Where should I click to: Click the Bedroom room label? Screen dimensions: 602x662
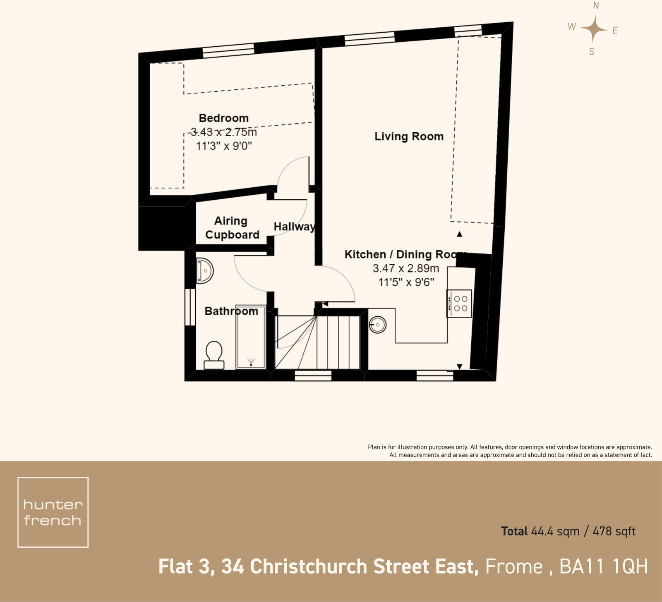(x=223, y=118)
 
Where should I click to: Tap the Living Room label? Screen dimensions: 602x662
(x=409, y=136)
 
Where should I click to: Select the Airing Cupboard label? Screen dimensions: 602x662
(x=232, y=228)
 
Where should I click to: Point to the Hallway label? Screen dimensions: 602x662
(x=294, y=227)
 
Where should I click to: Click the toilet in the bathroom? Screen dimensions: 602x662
(x=214, y=355)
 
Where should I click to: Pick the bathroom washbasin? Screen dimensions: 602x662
(x=204, y=271)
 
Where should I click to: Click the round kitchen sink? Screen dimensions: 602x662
(x=377, y=325)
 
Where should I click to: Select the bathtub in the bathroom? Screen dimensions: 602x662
(x=250, y=337)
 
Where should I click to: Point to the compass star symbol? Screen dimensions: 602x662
(x=593, y=29)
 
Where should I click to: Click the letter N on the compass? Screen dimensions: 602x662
(x=596, y=5)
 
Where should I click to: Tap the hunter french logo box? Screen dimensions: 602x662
(x=53, y=512)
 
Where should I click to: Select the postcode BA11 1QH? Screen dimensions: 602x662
(x=604, y=567)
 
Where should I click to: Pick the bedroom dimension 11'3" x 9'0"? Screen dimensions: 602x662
(x=224, y=146)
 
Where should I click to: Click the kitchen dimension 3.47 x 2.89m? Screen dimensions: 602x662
(x=405, y=268)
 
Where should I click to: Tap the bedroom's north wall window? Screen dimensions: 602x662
(x=228, y=50)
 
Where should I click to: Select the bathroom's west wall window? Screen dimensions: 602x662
(x=190, y=307)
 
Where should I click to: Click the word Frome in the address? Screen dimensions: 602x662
(x=513, y=567)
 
